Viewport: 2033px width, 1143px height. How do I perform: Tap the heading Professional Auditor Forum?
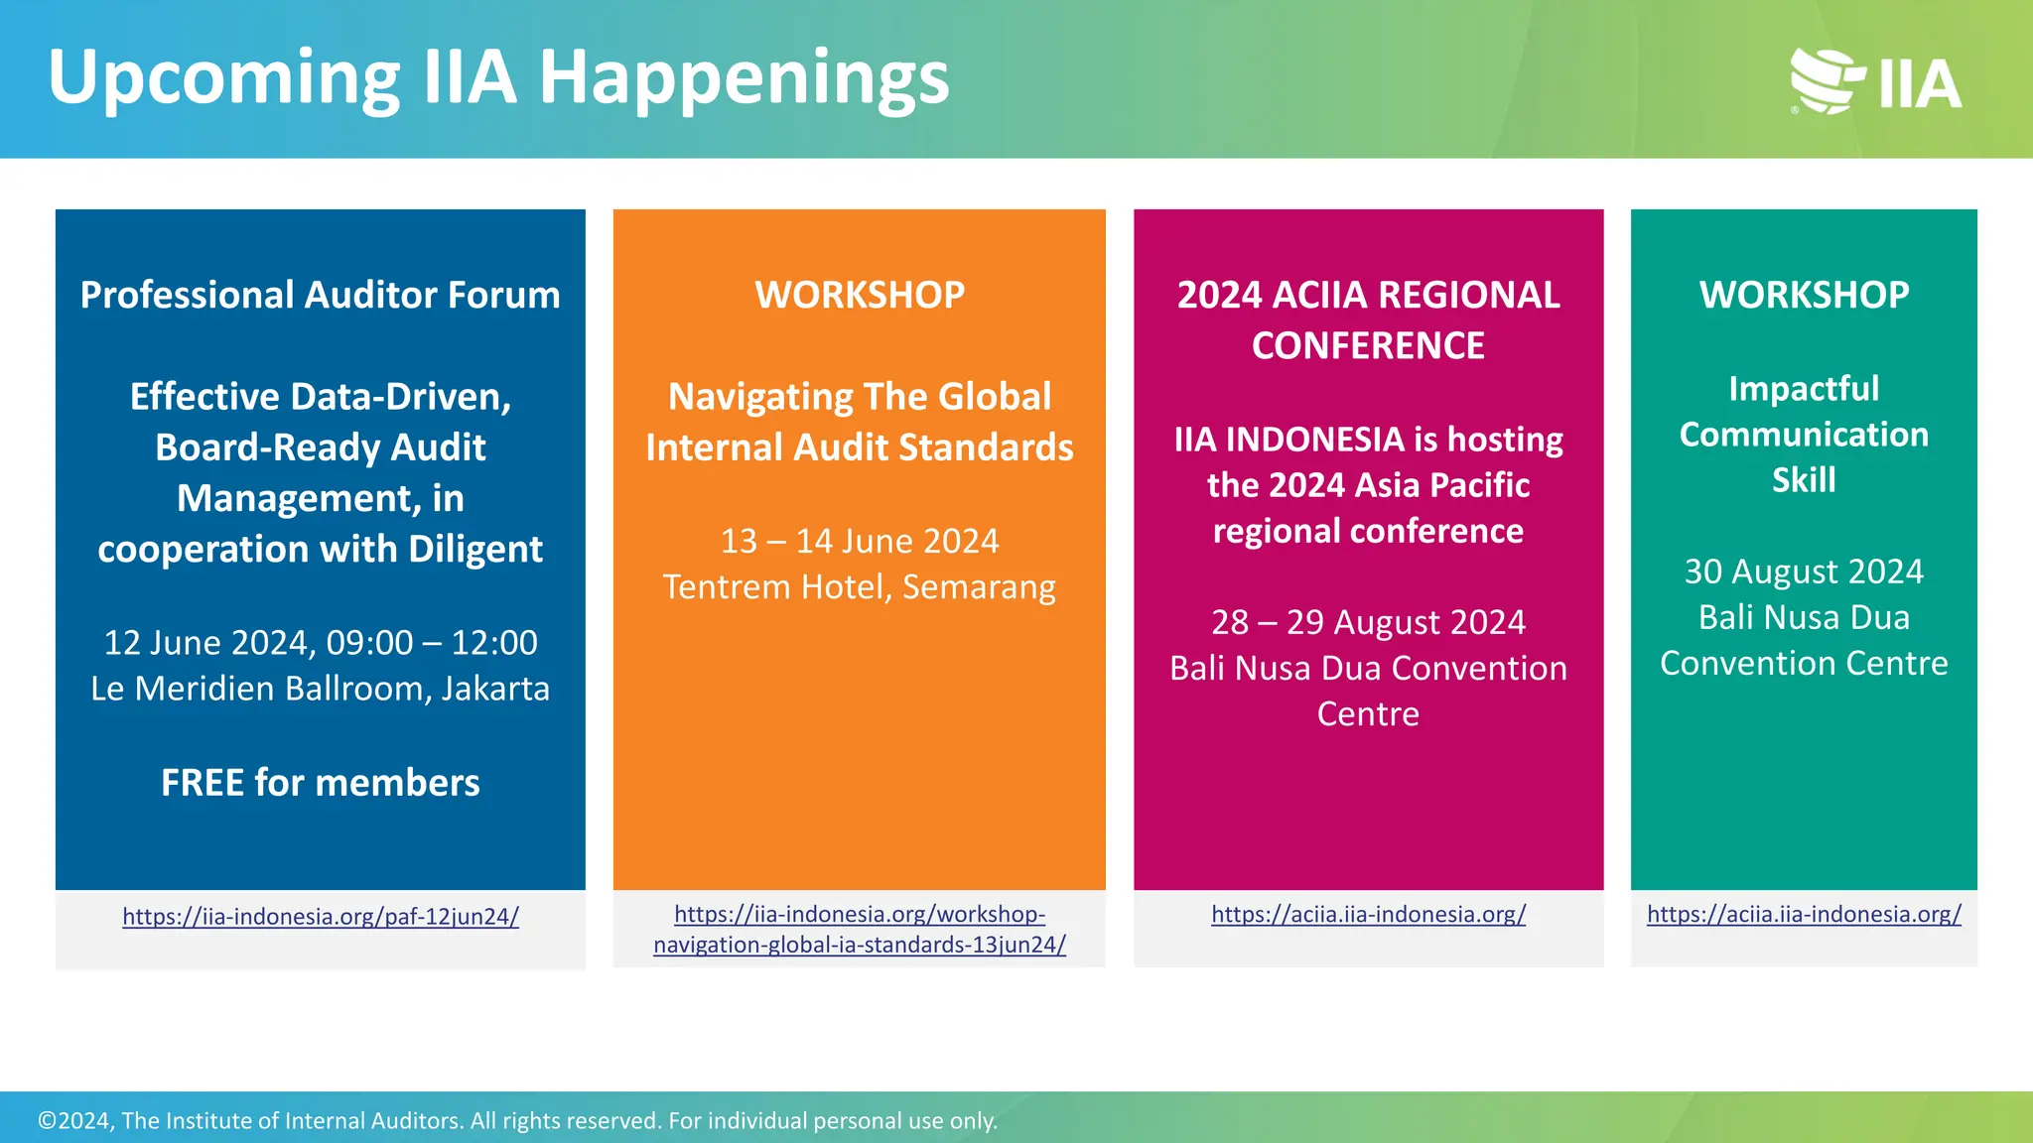(x=320, y=295)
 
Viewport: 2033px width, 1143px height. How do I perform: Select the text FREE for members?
(x=320, y=783)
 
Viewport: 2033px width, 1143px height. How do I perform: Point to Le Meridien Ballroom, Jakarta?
(x=320, y=689)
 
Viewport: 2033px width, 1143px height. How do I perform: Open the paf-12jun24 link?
(x=320, y=916)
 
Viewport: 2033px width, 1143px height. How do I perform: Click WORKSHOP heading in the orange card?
(x=859, y=295)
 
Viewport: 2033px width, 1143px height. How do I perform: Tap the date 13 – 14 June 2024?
(x=859, y=541)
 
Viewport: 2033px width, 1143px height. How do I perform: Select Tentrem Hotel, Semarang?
(x=859, y=587)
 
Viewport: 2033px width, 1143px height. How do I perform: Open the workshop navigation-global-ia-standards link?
(x=859, y=930)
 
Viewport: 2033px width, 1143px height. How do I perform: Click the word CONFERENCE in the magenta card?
(x=1368, y=345)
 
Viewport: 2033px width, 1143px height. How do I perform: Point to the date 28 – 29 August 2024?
(x=1368, y=622)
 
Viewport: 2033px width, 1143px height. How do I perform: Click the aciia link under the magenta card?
(x=1368, y=914)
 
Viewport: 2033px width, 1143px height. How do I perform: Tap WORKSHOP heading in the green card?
(x=1804, y=295)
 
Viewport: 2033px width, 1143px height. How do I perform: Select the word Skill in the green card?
(x=1804, y=480)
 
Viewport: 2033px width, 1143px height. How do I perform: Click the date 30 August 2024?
(x=1804, y=571)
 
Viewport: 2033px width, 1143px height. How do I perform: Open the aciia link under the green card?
(x=1804, y=914)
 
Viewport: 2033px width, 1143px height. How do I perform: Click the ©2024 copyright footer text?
(x=516, y=1120)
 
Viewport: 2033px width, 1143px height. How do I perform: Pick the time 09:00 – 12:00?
(x=432, y=643)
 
